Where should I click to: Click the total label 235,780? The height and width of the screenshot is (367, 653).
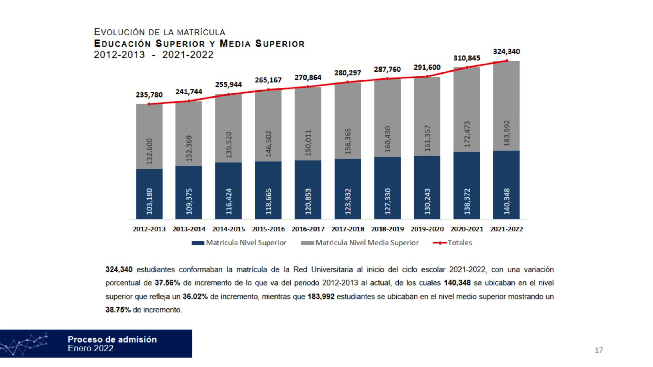click(149, 95)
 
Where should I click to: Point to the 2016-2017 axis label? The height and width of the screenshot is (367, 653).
click(308, 229)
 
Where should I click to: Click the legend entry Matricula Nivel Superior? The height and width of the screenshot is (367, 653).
click(239, 243)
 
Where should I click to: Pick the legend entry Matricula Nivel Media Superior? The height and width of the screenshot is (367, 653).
click(360, 243)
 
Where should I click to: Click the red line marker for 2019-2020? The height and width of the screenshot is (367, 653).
click(427, 77)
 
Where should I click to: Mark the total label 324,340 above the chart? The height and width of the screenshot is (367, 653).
click(506, 52)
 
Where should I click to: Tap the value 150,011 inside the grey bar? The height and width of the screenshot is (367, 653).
click(308, 143)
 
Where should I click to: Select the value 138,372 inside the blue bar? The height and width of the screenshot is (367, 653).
click(467, 201)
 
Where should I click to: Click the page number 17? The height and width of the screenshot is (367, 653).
click(598, 350)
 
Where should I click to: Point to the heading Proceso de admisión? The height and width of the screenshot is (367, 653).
click(112, 340)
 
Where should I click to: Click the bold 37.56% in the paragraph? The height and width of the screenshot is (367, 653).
click(167, 283)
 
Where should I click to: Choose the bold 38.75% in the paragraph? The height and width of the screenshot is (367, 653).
click(118, 310)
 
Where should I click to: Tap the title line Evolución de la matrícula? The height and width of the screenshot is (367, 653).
click(159, 32)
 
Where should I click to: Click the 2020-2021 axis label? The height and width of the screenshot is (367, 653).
click(467, 229)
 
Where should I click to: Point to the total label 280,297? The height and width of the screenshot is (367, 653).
click(347, 73)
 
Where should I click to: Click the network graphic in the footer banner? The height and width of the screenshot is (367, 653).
click(24, 344)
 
